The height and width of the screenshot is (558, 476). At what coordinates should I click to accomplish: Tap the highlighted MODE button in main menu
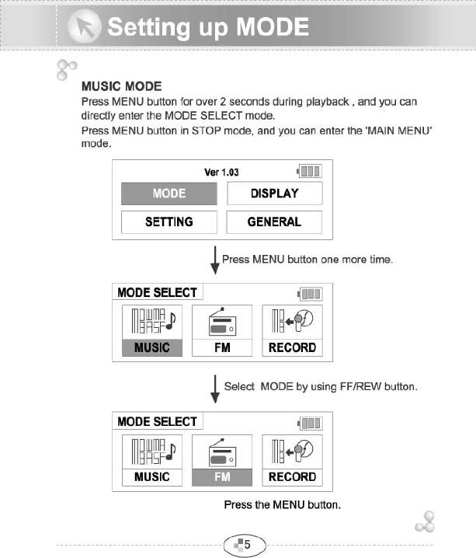click(169, 194)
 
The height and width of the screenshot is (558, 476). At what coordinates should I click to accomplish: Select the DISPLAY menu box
click(274, 194)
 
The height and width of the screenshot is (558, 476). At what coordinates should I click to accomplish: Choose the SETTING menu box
click(169, 221)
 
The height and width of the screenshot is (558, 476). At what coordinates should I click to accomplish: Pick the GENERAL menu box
click(274, 221)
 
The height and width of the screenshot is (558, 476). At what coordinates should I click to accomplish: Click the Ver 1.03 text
click(221, 172)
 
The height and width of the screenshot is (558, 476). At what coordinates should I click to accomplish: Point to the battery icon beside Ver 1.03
click(309, 171)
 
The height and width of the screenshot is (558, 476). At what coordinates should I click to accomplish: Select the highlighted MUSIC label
click(151, 347)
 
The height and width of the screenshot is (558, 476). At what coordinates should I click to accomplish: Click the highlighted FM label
click(222, 476)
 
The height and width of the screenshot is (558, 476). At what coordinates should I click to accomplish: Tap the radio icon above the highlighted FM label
click(222, 451)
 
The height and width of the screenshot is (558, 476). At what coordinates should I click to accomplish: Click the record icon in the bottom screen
click(292, 451)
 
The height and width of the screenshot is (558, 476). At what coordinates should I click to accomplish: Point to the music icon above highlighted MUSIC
click(151, 322)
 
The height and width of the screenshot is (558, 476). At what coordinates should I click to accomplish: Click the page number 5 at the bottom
click(245, 544)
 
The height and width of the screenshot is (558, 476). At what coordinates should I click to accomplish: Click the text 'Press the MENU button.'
click(283, 505)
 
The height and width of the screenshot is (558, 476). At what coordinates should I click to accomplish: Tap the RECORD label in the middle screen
click(292, 347)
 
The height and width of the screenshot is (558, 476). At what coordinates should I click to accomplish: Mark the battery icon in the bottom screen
click(309, 423)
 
